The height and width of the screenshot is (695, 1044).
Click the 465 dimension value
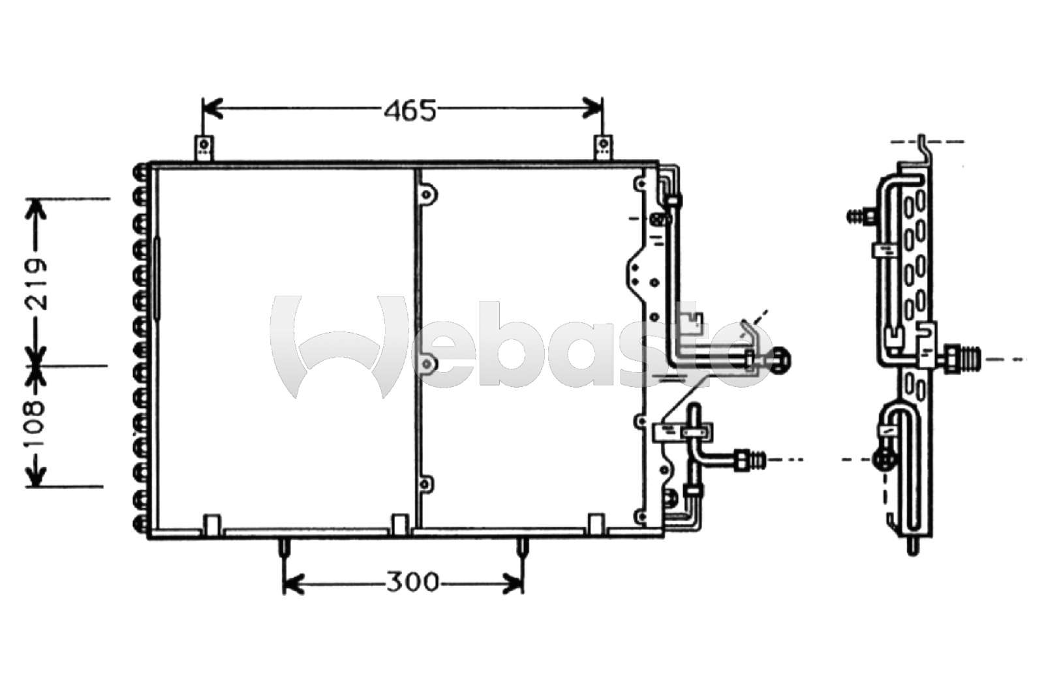point(410,111)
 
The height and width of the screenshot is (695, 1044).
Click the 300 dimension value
point(412,582)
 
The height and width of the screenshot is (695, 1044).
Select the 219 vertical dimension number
point(36,284)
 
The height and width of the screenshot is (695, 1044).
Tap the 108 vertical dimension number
point(36,424)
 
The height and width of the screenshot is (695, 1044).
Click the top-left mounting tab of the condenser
point(203,148)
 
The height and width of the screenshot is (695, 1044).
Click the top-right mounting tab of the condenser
point(603,148)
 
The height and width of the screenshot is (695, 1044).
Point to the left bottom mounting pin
point(284,548)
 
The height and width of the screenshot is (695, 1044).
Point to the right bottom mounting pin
point(523,548)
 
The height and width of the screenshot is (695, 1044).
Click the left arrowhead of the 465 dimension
point(213,108)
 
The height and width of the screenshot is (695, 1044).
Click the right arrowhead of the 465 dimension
point(593,108)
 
